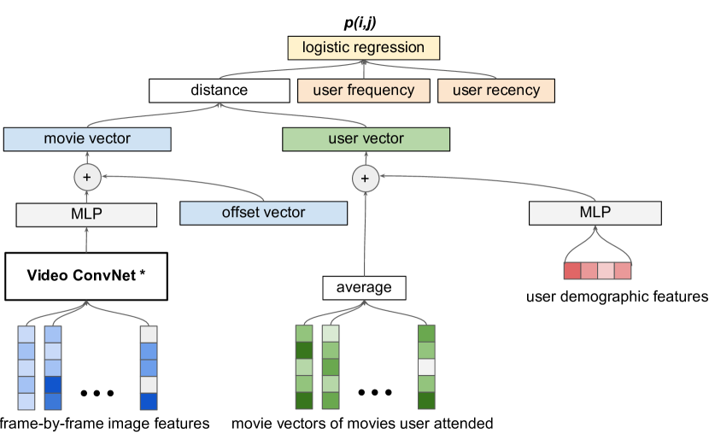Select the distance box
pyautogui.click(x=219, y=90)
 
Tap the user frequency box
pyautogui.click(x=363, y=90)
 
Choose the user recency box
pyautogui.click(x=495, y=90)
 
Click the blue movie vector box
pyautogui.click(x=87, y=138)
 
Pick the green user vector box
pyautogui.click(x=366, y=138)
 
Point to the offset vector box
pyautogui.click(x=263, y=213)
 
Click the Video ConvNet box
pyautogui.click(x=86, y=275)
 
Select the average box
pyautogui.click(x=365, y=288)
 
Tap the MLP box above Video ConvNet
pyautogui.click(x=86, y=214)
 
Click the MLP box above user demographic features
pyautogui.click(x=595, y=213)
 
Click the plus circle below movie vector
pyautogui.click(x=86, y=178)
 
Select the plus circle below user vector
pyautogui.click(x=365, y=178)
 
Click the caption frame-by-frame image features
pyautogui.click(x=105, y=423)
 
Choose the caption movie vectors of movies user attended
pyautogui.click(x=362, y=423)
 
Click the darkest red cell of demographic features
pyautogui.click(x=572, y=271)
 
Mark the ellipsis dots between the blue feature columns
pyautogui.click(x=97, y=393)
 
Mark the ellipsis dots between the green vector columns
pyautogui.click(x=375, y=393)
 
